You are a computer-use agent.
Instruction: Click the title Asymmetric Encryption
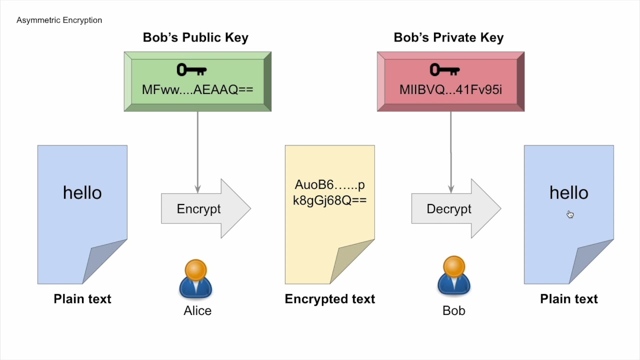point(59,20)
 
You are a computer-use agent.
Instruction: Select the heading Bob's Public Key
point(195,37)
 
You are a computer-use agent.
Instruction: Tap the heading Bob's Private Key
point(448,37)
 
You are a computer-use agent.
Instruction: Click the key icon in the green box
point(191,70)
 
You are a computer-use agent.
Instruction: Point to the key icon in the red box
point(444,70)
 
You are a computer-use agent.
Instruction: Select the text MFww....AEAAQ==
point(197,89)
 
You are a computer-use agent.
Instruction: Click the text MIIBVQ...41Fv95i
point(450,89)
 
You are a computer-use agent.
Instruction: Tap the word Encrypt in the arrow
point(198,209)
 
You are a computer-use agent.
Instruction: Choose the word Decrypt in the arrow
point(448,209)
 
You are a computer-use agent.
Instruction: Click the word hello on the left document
point(82,192)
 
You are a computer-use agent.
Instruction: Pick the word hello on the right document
point(568,192)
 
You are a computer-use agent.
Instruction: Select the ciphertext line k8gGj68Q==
point(330,200)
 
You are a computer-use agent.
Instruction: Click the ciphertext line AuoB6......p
point(330,185)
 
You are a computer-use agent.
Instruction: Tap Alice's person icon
point(195,278)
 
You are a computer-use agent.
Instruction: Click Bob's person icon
point(454,276)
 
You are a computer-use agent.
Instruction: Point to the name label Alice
point(197,310)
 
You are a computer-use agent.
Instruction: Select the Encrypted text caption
point(330,299)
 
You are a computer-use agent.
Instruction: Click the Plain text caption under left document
point(82,299)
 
